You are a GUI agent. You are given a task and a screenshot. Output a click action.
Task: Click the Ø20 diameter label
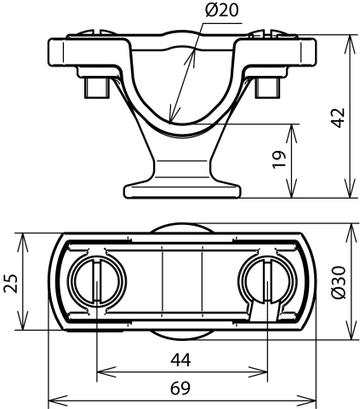(x=222, y=10)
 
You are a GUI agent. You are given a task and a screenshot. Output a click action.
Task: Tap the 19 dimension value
(x=279, y=160)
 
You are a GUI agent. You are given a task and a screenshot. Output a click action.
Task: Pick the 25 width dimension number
(x=11, y=284)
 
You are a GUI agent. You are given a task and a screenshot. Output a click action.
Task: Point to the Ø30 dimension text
(x=339, y=282)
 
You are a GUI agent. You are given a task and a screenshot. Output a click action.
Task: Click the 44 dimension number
(x=180, y=360)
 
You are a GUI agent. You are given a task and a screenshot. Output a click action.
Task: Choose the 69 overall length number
(x=180, y=388)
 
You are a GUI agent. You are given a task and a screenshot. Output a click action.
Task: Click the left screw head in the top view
(x=97, y=282)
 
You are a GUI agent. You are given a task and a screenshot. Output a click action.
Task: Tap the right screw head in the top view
(x=267, y=282)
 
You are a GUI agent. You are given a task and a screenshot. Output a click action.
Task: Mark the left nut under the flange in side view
(x=96, y=88)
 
